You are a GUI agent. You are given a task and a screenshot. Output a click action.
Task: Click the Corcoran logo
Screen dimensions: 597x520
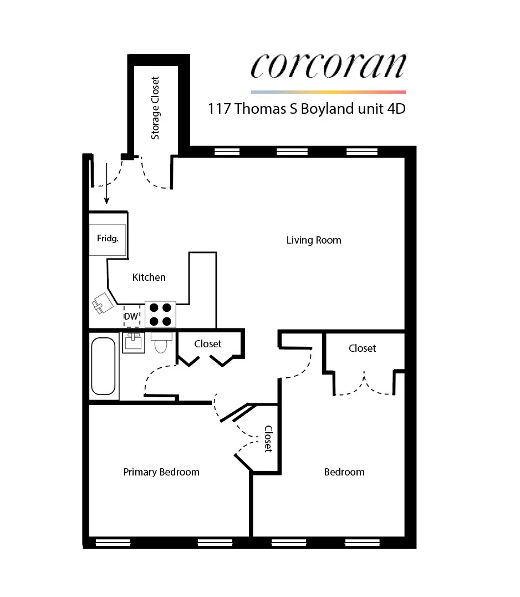pos(328,67)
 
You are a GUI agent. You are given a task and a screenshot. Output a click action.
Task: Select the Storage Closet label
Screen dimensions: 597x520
pos(155,108)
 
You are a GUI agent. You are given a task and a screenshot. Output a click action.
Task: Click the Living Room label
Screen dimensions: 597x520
pos(314,240)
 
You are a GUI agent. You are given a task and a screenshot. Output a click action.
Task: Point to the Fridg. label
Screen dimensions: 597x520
pos(108,239)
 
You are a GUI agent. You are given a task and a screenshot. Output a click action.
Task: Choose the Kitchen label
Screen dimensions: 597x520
pos(149,277)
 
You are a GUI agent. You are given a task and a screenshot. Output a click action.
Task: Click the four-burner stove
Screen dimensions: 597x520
pos(160,314)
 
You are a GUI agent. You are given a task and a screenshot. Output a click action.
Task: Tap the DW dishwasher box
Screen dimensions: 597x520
pos(131,317)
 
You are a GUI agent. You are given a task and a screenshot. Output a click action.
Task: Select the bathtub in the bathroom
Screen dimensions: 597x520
pos(104,365)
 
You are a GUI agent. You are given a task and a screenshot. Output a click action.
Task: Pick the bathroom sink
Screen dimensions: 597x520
pos(133,341)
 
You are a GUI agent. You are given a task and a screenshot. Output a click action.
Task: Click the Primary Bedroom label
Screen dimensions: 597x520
pos(161,472)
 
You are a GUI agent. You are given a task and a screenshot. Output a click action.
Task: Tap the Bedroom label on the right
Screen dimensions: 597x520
pos(344,472)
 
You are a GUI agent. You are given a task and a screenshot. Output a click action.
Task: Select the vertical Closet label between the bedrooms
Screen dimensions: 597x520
pos(268,438)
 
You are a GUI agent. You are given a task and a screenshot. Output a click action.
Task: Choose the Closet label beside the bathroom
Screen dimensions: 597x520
pos(208,344)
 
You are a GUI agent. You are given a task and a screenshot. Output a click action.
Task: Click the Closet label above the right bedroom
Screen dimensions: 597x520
pos(362,348)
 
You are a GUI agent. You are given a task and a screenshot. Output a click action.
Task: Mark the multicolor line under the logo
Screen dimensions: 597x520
pos(328,92)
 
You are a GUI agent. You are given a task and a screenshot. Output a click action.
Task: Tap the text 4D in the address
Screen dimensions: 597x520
pos(395,108)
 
